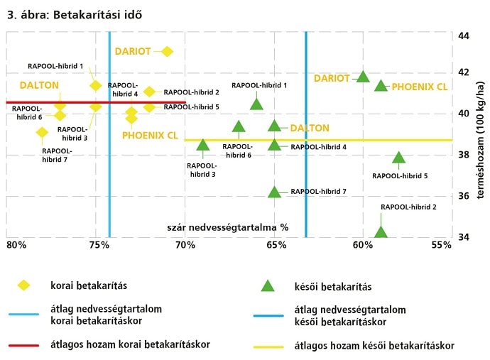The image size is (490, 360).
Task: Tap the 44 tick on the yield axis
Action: coord(463,36)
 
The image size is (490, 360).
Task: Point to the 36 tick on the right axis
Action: coord(463,196)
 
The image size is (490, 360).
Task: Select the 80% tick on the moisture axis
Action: coord(16,245)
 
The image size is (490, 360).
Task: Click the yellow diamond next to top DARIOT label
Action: coord(167,51)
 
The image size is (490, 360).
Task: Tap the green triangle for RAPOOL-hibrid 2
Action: coord(381,232)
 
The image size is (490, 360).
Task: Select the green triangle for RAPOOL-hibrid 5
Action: coord(398,158)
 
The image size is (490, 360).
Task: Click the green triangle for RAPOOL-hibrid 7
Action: coord(274,192)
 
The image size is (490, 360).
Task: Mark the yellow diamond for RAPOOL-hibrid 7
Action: coord(42,132)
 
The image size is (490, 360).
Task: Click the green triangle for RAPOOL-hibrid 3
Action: coord(202,145)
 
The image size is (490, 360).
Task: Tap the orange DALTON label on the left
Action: coord(39,84)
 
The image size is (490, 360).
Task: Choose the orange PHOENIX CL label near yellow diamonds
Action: coord(150,135)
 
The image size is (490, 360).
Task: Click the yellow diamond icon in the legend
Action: coord(24,285)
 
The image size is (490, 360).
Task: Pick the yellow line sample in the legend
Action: coord(268,346)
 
